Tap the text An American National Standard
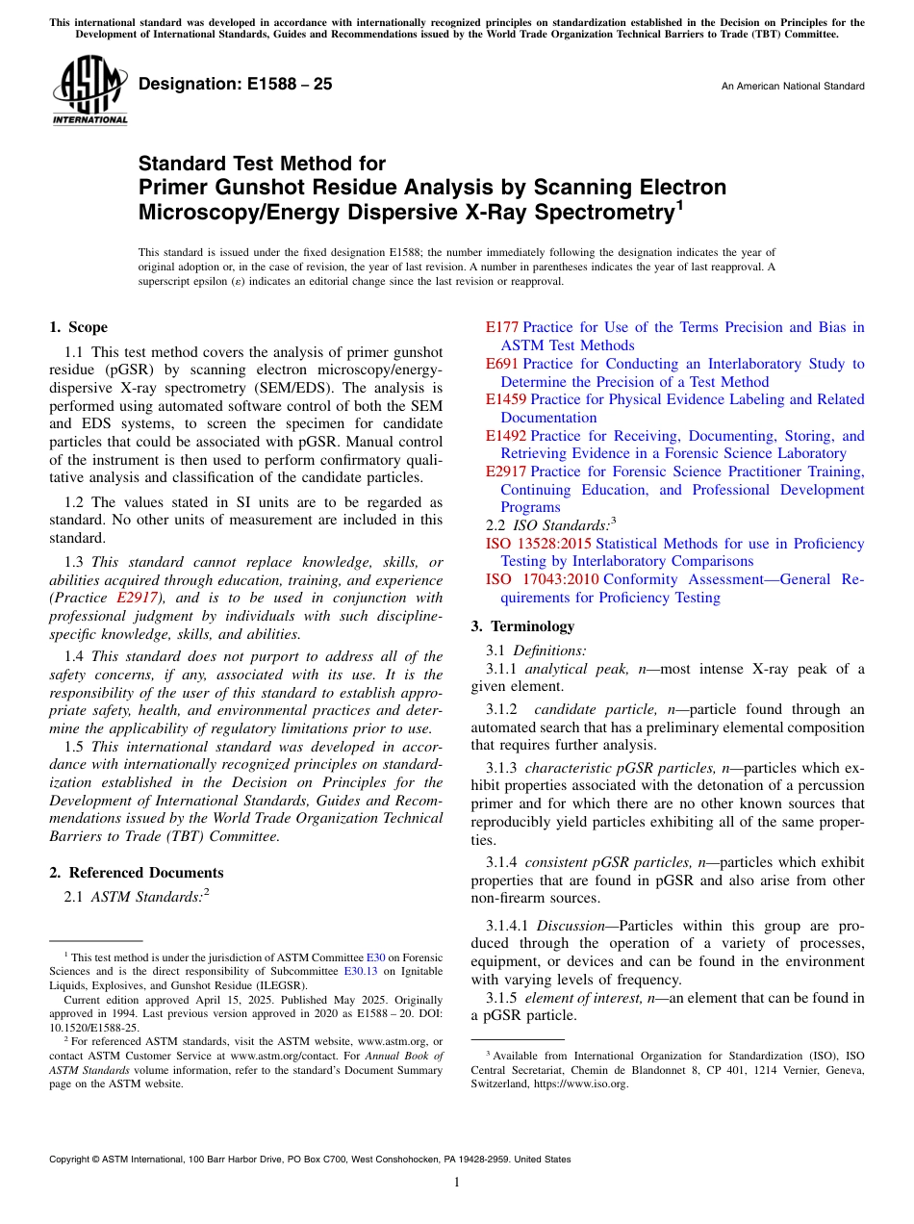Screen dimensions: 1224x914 [x=792, y=87]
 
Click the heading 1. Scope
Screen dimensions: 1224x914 [x=79, y=327]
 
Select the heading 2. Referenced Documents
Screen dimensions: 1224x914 [x=137, y=873]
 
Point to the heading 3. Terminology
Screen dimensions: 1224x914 [x=522, y=626]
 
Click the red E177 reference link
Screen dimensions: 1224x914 [x=502, y=327]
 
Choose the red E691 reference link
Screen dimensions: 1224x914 [x=502, y=364]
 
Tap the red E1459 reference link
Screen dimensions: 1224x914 [x=506, y=399]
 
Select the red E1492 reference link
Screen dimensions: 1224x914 [x=506, y=436]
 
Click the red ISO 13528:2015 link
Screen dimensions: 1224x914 [x=540, y=544]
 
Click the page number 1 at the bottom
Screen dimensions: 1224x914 [x=457, y=1182]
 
